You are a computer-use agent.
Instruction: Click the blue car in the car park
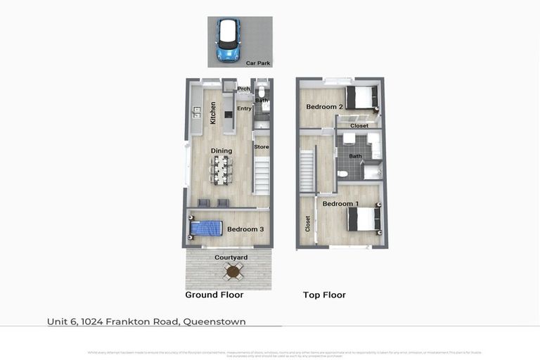pos(229,39)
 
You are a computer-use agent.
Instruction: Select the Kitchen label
pos(213,113)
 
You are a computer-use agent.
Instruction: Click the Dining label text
pos(221,151)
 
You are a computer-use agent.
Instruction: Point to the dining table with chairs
pos(221,169)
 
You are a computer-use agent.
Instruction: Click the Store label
pos(261,147)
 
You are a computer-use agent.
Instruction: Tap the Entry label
pos(244,109)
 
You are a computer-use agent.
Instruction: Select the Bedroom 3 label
pos(245,229)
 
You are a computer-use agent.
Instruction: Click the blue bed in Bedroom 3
pos(205,229)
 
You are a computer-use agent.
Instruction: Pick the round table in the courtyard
pos(229,271)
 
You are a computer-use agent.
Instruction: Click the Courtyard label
pos(231,258)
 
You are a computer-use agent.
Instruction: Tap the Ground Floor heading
pos(214,295)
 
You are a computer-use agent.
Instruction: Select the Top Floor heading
pos(324,295)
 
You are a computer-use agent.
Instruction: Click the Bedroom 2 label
pos(324,107)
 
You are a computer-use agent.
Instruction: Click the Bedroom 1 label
pos(340,204)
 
